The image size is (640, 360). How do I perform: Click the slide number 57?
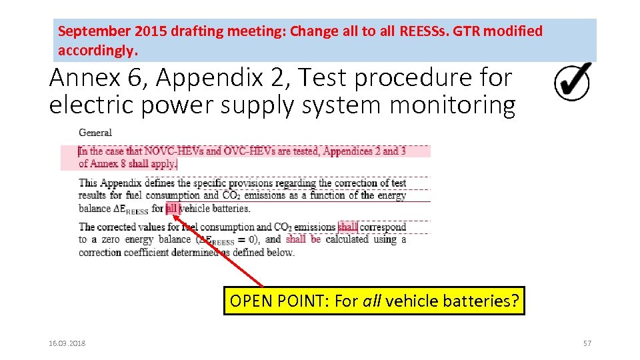(x=587, y=343)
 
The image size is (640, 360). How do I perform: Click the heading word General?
(x=95, y=133)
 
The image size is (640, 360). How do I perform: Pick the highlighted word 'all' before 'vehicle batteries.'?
(x=172, y=208)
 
